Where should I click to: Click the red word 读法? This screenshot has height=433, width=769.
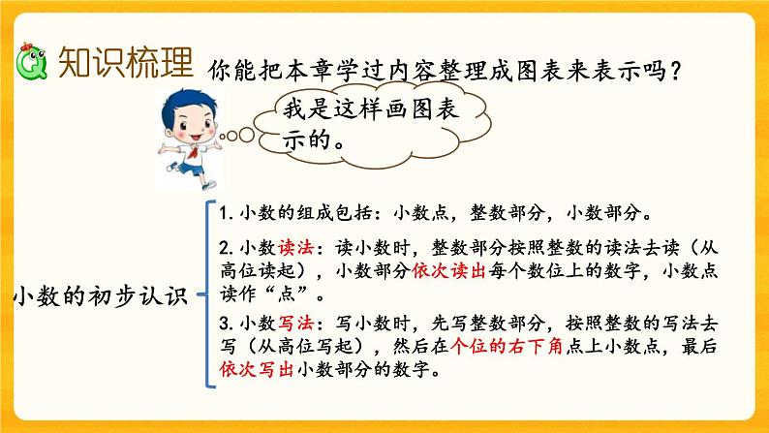coord(293,247)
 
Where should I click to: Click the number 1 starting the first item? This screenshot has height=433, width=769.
coord(222,214)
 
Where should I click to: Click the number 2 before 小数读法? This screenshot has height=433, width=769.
coord(222,248)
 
